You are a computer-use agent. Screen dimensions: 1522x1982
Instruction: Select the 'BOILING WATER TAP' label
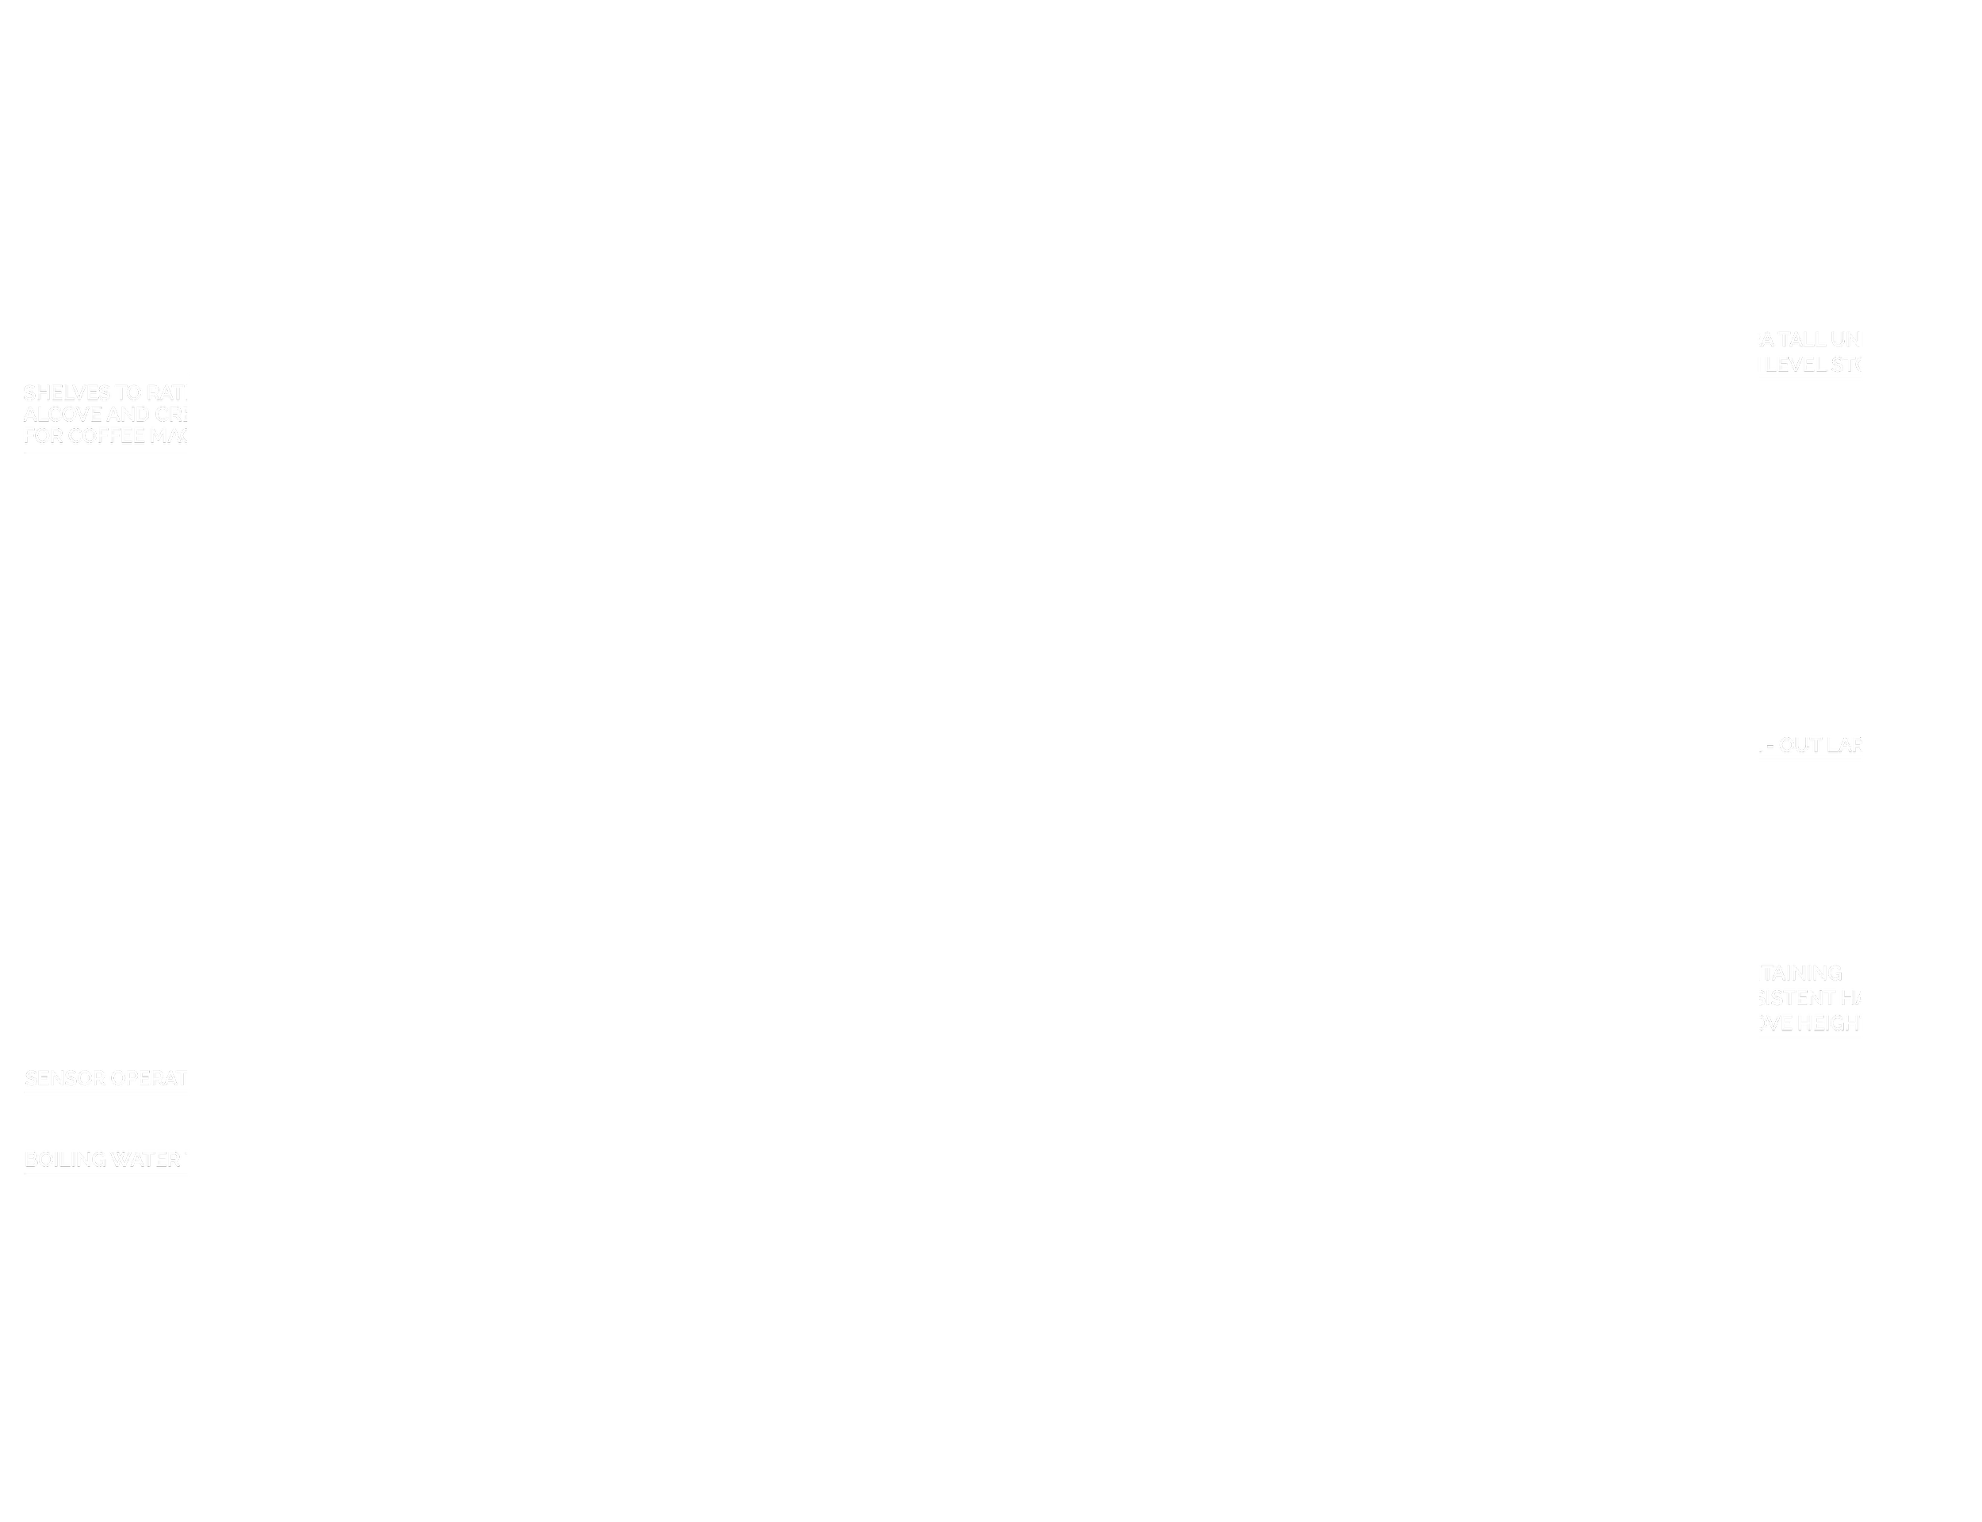123,1160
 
